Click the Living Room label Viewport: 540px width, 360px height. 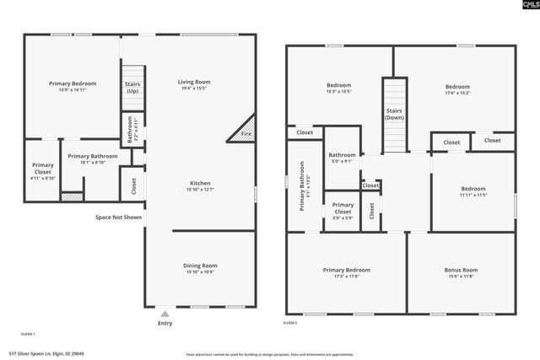point(192,82)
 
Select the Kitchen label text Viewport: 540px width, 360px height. point(200,183)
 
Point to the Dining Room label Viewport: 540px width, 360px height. point(200,266)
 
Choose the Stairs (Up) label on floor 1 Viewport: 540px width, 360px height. point(132,88)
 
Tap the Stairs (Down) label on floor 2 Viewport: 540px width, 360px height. point(394,114)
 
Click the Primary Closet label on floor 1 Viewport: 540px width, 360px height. point(43,169)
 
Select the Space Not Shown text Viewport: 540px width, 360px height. point(118,217)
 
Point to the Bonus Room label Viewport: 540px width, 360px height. point(461,270)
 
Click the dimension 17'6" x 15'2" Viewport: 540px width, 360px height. point(457,94)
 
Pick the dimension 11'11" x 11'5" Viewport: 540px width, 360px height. point(472,196)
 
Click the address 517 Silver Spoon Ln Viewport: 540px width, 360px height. point(46,354)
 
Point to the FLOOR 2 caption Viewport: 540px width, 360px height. point(290,323)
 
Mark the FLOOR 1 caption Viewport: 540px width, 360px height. point(28,335)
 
